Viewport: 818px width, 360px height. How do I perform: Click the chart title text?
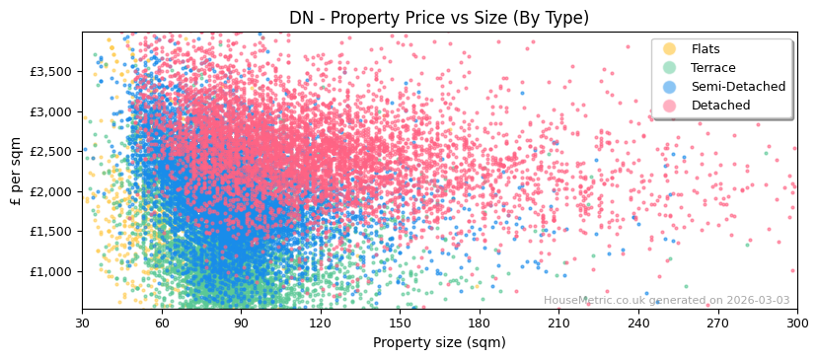[439, 18]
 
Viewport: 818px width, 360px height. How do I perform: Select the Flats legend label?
[706, 49]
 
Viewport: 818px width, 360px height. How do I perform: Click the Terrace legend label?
[712, 68]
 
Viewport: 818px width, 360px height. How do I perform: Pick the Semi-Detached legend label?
[738, 87]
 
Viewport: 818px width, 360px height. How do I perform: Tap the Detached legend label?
[720, 106]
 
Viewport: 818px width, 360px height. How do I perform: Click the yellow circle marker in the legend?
[670, 49]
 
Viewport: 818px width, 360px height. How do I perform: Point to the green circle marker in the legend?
[670, 68]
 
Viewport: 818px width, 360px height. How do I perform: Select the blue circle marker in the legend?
[670, 87]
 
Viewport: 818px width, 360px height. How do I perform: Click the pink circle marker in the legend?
[670, 106]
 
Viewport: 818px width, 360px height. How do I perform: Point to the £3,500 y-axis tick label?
[50, 72]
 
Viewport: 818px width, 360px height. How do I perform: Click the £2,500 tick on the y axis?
[50, 152]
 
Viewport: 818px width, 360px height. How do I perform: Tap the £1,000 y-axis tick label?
[50, 271]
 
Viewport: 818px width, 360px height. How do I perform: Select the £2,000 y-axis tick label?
[50, 191]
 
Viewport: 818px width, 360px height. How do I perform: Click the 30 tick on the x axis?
[82, 323]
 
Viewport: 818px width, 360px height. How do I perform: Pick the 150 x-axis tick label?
[400, 323]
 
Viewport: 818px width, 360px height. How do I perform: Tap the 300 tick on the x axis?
[796, 323]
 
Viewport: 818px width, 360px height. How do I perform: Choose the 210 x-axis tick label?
[558, 323]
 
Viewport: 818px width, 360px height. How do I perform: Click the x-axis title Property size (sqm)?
[439, 342]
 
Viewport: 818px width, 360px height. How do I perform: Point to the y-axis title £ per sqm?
[17, 171]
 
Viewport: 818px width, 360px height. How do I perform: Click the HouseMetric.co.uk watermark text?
[666, 301]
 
